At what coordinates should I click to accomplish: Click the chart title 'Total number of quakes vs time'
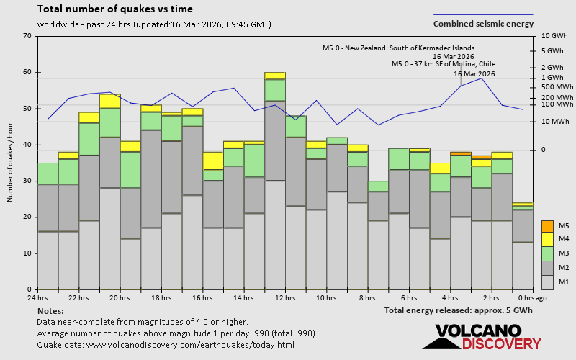(x=114, y=9)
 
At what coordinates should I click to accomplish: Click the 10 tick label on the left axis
(x=27, y=253)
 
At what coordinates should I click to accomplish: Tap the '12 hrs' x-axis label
(x=285, y=297)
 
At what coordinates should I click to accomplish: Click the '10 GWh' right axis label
(x=554, y=36)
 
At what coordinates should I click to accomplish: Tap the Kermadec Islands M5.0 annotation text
(x=398, y=48)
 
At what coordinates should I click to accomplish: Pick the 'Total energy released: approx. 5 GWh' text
(x=459, y=310)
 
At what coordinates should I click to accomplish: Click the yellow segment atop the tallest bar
(x=275, y=76)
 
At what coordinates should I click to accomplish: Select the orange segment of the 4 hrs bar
(x=461, y=153)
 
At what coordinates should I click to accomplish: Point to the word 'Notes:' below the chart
(x=50, y=310)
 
